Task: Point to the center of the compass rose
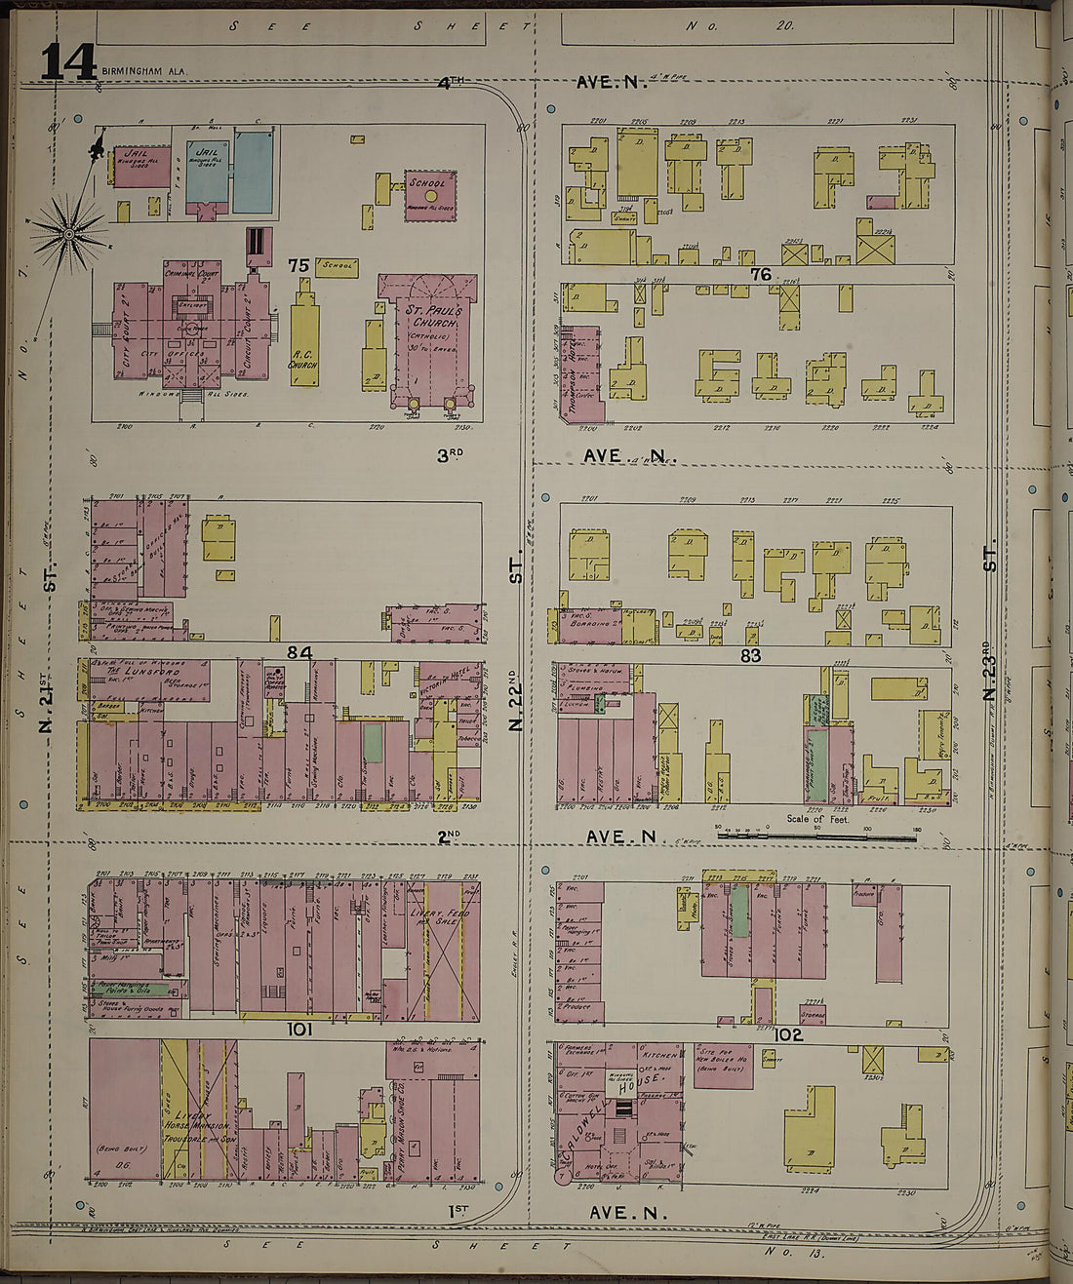(x=70, y=232)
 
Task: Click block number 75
(x=298, y=265)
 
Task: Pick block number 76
(x=761, y=275)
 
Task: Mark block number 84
(x=298, y=651)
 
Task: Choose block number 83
(x=749, y=656)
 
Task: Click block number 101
(x=298, y=1030)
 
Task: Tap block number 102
(x=787, y=1034)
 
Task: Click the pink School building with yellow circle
(x=430, y=194)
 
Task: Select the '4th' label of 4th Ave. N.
(x=449, y=84)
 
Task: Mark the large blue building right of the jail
(x=253, y=173)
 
